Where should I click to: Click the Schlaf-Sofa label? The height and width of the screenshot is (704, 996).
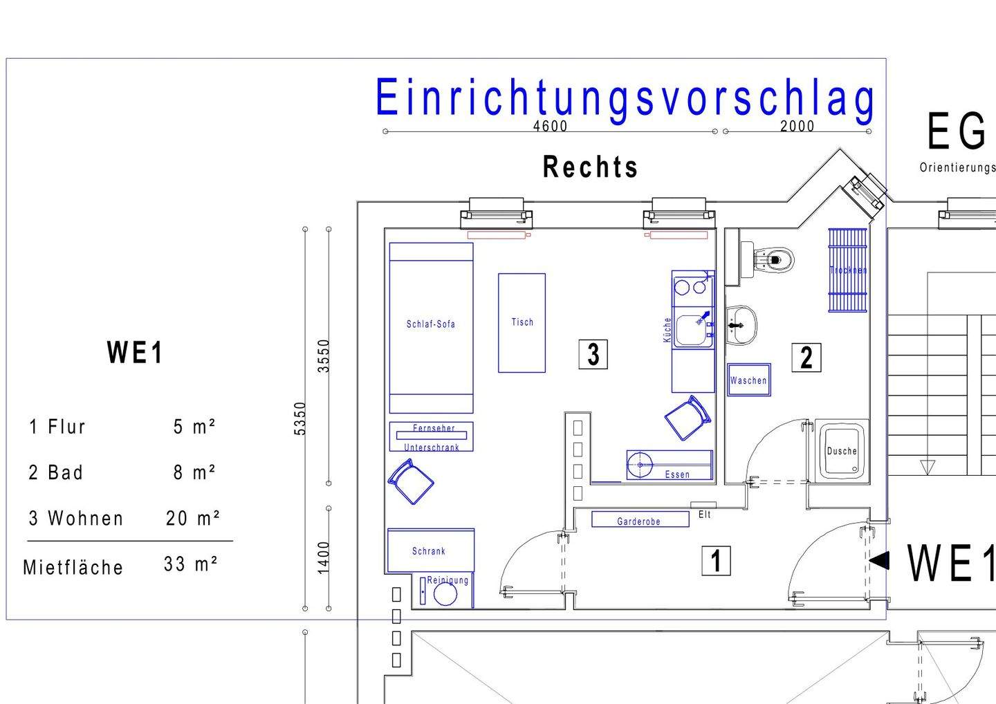pyautogui.click(x=430, y=324)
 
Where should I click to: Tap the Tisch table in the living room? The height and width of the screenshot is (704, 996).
pyautogui.click(x=522, y=322)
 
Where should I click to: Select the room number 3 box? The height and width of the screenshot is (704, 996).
pyautogui.click(x=593, y=354)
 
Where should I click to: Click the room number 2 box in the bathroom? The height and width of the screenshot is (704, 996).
pyautogui.click(x=806, y=358)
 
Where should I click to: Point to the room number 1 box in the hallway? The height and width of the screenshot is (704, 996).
pyautogui.click(x=716, y=560)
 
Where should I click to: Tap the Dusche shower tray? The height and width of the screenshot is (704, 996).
pyautogui.click(x=841, y=451)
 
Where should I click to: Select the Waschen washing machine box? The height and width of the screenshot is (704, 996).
pyautogui.click(x=748, y=380)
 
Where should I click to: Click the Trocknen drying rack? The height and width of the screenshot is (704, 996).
pyautogui.click(x=847, y=270)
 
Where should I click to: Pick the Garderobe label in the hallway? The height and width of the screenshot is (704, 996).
pyautogui.click(x=639, y=521)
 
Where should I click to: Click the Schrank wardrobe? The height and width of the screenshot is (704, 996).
pyautogui.click(x=430, y=550)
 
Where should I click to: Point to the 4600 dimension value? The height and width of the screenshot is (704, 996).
pyautogui.click(x=550, y=126)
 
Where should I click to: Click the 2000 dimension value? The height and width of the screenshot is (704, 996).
pyautogui.click(x=797, y=126)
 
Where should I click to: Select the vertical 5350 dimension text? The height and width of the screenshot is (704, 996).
pyautogui.click(x=299, y=418)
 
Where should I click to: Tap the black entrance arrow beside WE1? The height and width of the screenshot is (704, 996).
pyautogui.click(x=880, y=560)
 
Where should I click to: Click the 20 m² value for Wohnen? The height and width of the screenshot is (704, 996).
pyautogui.click(x=193, y=518)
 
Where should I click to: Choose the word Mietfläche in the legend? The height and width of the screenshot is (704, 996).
pyautogui.click(x=73, y=568)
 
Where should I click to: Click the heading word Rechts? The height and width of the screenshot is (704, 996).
pyautogui.click(x=590, y=167)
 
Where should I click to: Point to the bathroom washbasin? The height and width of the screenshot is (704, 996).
pyautogui.click(x=740, y=325)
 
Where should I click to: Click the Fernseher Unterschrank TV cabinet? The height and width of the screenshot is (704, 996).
pyautogui.click(x=431, y=437)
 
